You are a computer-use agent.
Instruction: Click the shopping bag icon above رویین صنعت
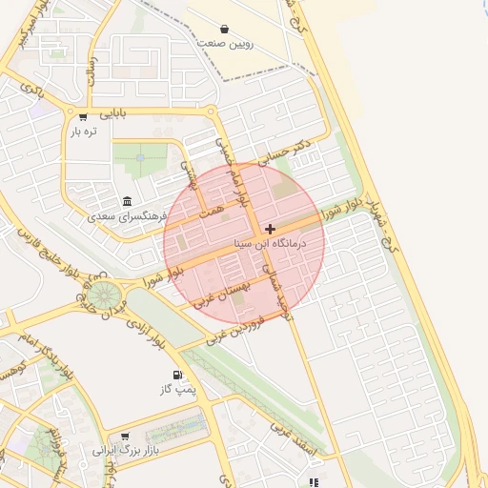click(x=224, y=29)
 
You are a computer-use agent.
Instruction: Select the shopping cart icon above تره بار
click(x=84, y=118)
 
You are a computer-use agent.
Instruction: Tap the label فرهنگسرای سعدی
click(x=127, y=216)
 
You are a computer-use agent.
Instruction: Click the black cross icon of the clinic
click(x=271, y=229)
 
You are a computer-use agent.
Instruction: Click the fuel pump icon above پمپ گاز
click(x=176, y=375)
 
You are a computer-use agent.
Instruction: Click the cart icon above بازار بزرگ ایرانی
click(x=123, y=436)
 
